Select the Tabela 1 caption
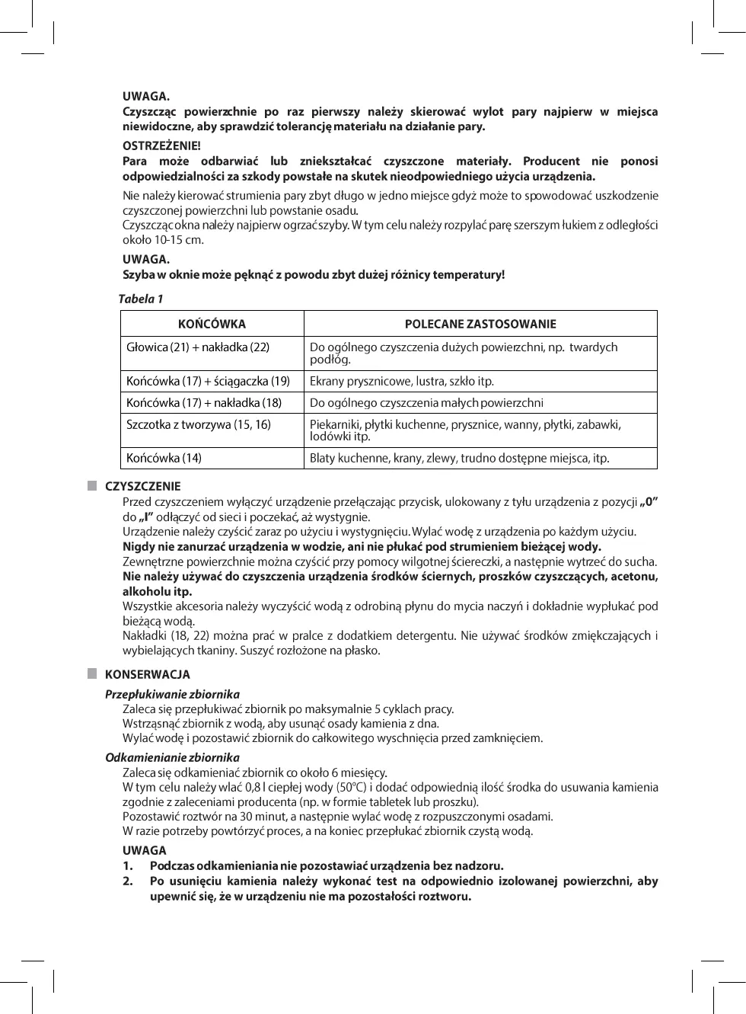pos(141,299)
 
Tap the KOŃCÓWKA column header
pos(212,324)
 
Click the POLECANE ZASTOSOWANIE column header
pos(480,324)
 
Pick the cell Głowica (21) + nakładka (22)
pos(198,347)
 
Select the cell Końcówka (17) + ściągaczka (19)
pos(208,381)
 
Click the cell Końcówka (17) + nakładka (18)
pos(204,402)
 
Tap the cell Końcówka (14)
pos(164,458)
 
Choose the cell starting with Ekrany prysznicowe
pos(402,381)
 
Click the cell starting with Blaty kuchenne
pos(459,458)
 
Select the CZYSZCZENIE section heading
pos(143,486)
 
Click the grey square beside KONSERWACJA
pos(92,673)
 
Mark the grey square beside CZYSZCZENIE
pos(92,485)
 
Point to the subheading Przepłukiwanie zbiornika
pos(172,694)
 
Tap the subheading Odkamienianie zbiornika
pos(172,757)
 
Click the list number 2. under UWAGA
pos(128,881)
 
